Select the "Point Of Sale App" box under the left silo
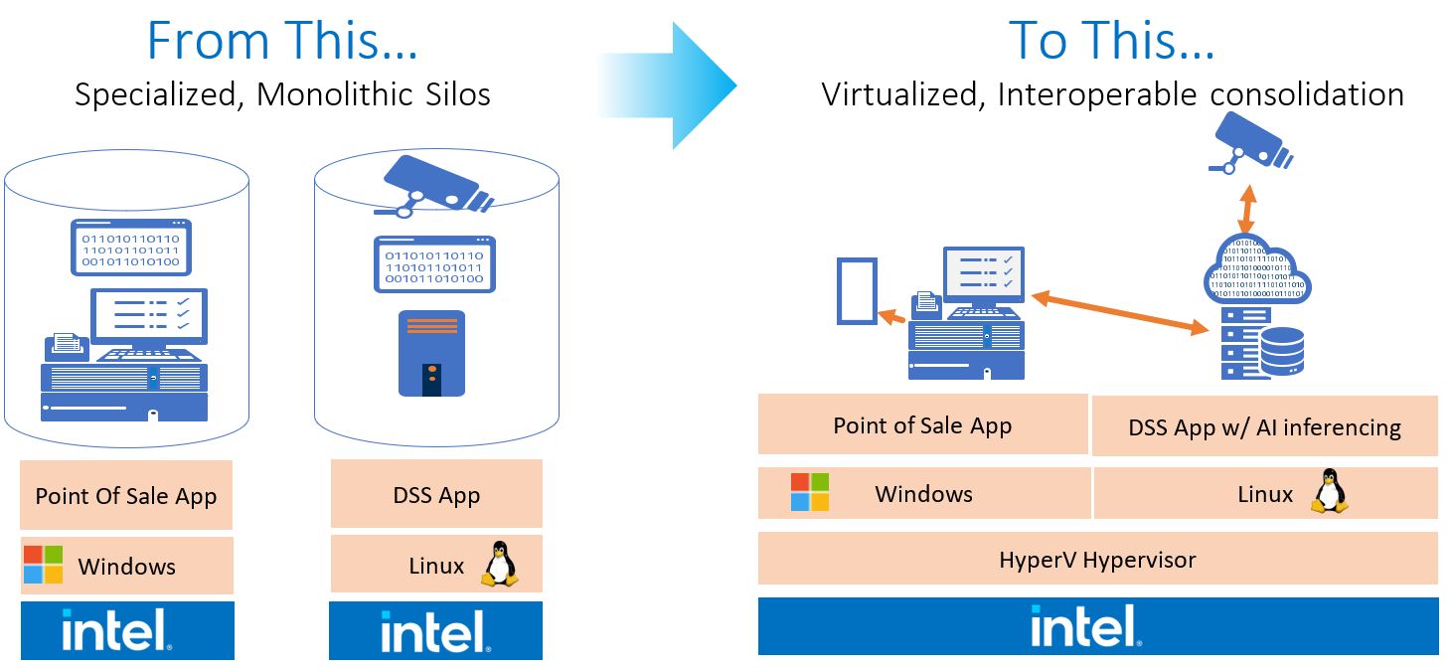point(126,495)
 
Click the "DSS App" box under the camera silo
point(436,494)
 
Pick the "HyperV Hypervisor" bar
point(1097,559)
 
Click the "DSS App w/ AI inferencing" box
point(1264,426)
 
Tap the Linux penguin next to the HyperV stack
point(1328,492)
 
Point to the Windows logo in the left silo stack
point(43,565)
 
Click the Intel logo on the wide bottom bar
point(1096,626)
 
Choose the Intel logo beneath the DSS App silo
point(436,631)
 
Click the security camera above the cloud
point(1251,142)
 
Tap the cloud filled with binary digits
point(1256,271)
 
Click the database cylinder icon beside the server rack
point(1282,351)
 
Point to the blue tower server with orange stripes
point(431,353)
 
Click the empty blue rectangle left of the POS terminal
point(856,290)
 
